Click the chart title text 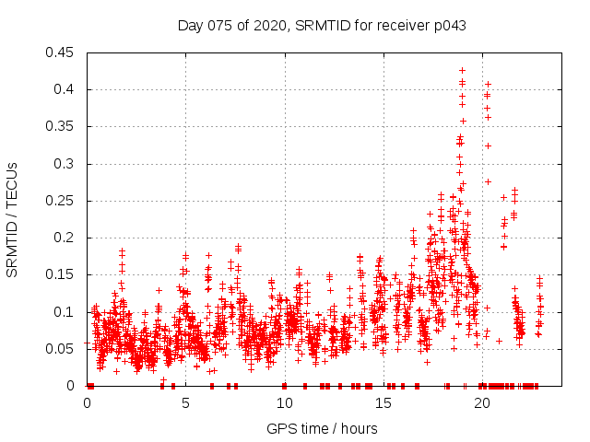pyautogui.click(x=322, y=26)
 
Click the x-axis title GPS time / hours pyautogui.click(x=322, y=428)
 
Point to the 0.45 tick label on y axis pyautogui.click(x=61, y=52)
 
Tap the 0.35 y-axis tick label pyautogui.click(x=61, y=126)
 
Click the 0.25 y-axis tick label pyautogui.click(x=61, y=201)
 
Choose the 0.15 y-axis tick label pyautogui.click(x=61, y=274)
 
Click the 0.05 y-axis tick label pyautogui.click(x=61, y=349)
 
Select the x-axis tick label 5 pyautogui.click(x=185, y=403)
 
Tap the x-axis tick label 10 pyautogui.click(x=284, y=403)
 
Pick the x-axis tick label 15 pyautogui.click(x=383, y=403)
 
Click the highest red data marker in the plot pyautogui.click(x=462, y=70)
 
